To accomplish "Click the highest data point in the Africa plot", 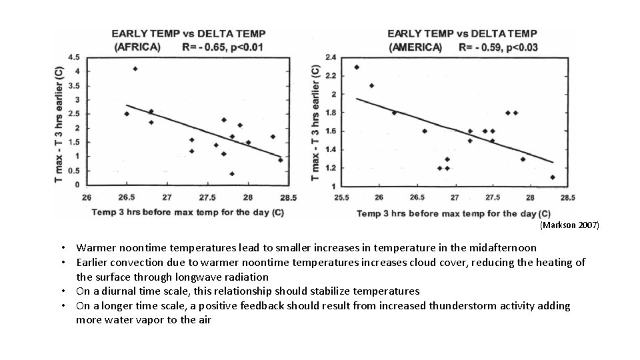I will click(x=135, y=69).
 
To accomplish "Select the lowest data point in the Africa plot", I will click(x=232, y=174).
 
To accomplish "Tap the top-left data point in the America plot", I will click(x=357, y=67).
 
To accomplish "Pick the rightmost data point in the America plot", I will click(x=553, y=177).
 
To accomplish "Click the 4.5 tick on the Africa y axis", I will click(x=74, y=57).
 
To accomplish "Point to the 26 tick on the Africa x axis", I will click(x=87, y=197).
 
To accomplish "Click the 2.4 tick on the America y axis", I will click(x=331, y=57).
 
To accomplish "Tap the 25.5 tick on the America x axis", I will click(x=342, y=197).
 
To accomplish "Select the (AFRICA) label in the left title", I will click(x=137, y=47).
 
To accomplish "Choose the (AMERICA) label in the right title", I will click(x=415, y=47).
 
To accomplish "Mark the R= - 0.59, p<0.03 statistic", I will click(x=498, y=47).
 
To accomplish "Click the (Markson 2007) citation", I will click(x=570, y=225).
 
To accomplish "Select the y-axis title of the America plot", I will click(x=315, y=121).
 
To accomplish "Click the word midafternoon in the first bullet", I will click(x=505, y=247).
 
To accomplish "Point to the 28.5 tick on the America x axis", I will click(x=567, y=197).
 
